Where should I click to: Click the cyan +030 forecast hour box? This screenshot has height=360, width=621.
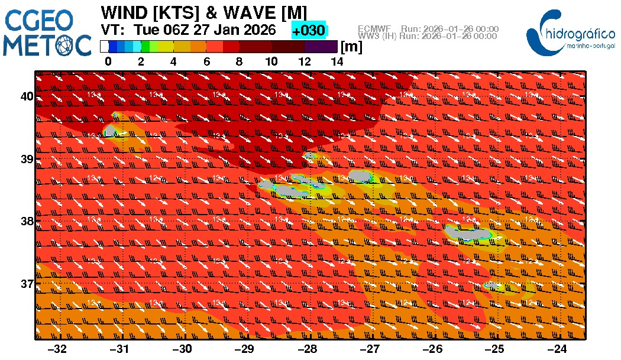(309, 30)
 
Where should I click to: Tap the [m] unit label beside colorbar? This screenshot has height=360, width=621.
(352, 47)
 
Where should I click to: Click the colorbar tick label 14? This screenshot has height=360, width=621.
(337, 61)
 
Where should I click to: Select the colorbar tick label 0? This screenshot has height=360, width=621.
(108, 61)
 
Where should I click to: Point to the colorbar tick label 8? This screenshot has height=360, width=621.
(239, 61)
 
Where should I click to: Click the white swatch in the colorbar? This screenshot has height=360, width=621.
(104, 46)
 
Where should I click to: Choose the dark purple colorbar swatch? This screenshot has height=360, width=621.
(321, 46)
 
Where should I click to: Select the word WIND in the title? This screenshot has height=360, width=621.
(125, 12)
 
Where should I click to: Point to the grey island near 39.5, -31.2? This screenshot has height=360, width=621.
(111, 131)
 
